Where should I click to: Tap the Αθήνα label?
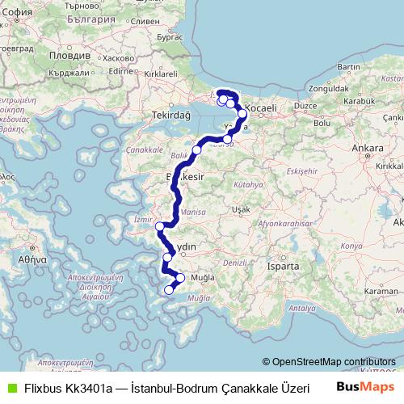tap(27, 260)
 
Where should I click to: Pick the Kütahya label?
tap(243, 185)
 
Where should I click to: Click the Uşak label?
tap(240, 209)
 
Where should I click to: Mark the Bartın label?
tap(348, 66)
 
